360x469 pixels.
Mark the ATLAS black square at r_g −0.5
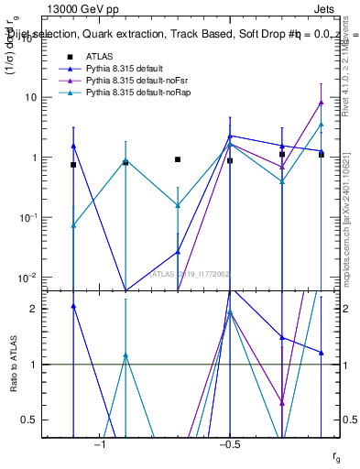tap(230, 161)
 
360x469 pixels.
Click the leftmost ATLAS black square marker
tap(73, 165)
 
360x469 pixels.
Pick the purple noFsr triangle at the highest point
tap(321, 103)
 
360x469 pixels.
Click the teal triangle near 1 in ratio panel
tap(125, 355)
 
